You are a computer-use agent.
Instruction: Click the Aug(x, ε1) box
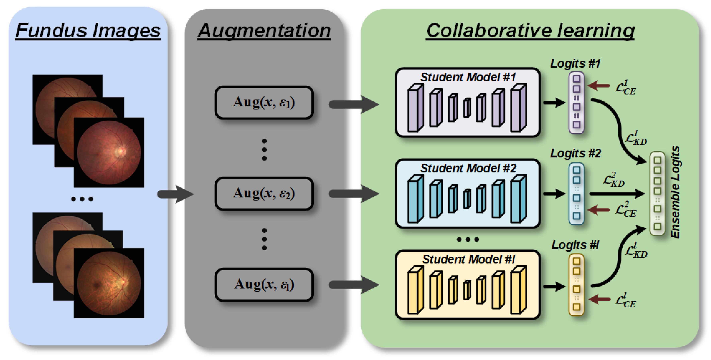[x=264, y=102]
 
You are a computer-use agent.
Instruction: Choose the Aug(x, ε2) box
[x=264, y=194]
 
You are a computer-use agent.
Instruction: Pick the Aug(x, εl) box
[x=264, y=285]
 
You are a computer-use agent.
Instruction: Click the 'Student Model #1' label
[x=468, y=77]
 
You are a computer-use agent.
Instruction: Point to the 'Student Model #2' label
[x=468, y=168]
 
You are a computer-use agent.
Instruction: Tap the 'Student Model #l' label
[x=468, y=259]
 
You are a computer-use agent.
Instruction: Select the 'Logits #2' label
[x=576, y=153]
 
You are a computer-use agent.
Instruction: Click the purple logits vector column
[x=576, y=102]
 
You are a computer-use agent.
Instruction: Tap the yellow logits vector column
[x=576, y=285]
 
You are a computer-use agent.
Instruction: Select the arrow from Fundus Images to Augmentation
[x=176, y=194]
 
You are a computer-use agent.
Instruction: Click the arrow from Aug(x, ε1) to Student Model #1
[x=354, y=104]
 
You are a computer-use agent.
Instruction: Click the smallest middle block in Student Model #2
[x=467, y=199]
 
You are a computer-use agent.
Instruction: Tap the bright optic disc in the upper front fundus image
[x=121, y=151]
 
